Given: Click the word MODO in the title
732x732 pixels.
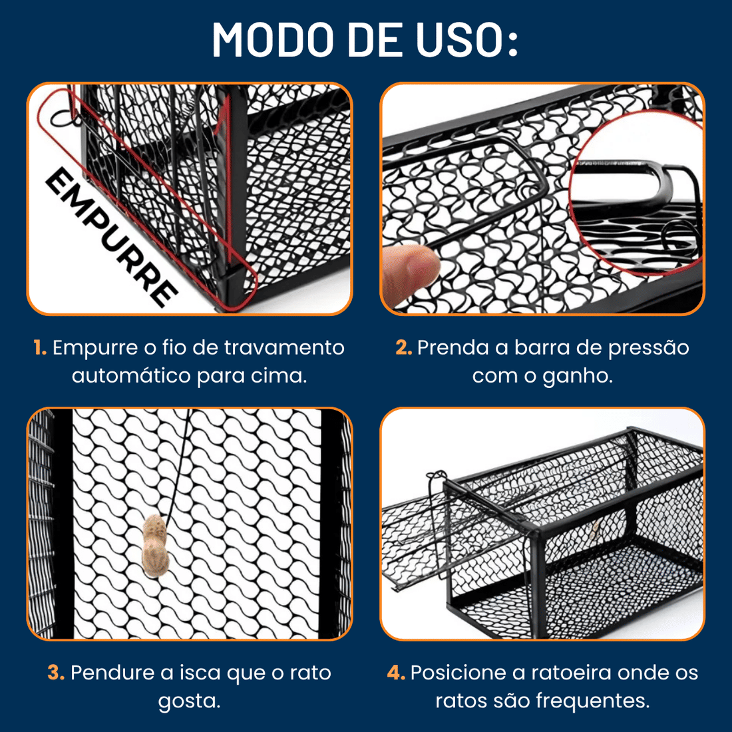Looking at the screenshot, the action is click(273, 39).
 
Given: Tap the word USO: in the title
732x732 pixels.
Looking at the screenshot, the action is click(467, 39).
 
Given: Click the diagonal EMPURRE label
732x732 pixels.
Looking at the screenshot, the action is click(111, 237).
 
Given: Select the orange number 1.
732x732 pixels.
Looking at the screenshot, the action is click(40, 348).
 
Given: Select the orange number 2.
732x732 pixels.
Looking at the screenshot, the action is click(404, 348).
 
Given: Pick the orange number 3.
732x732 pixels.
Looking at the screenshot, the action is click(56, 673).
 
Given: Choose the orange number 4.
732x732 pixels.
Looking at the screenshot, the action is click(396, 673).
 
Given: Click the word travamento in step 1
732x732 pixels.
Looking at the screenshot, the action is click(284, 348).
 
